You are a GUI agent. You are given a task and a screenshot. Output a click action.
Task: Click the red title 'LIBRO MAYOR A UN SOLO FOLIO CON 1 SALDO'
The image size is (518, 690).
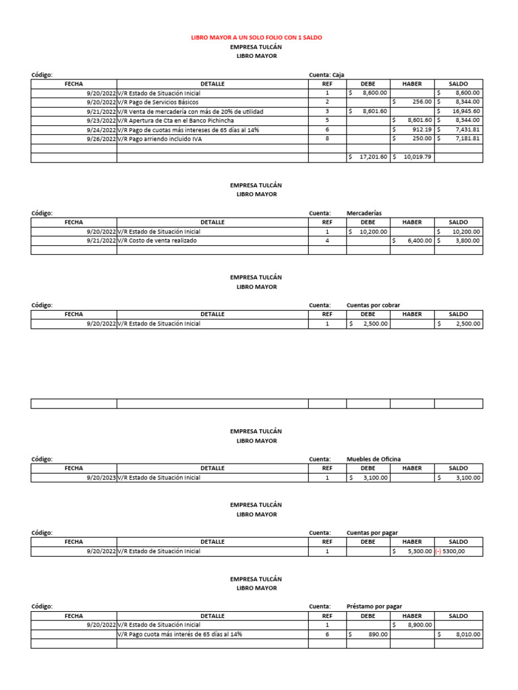tap(256, 38)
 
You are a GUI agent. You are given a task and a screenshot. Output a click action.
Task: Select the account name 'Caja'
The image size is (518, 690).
tap(339, 75)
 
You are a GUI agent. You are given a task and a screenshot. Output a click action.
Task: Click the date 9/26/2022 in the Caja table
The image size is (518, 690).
tap(101, 139)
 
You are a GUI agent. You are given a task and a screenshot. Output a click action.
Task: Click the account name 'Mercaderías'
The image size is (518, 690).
tap(364, 213)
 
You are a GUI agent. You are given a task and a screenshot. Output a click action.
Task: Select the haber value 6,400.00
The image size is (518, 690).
tap(417, 241)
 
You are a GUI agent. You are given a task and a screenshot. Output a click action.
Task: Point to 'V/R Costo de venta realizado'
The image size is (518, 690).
tap(157, 241)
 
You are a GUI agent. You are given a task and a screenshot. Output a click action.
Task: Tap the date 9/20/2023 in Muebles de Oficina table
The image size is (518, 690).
tap(101, 478)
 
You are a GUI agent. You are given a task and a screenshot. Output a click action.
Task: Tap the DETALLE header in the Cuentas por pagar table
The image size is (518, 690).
tap(212, 542)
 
